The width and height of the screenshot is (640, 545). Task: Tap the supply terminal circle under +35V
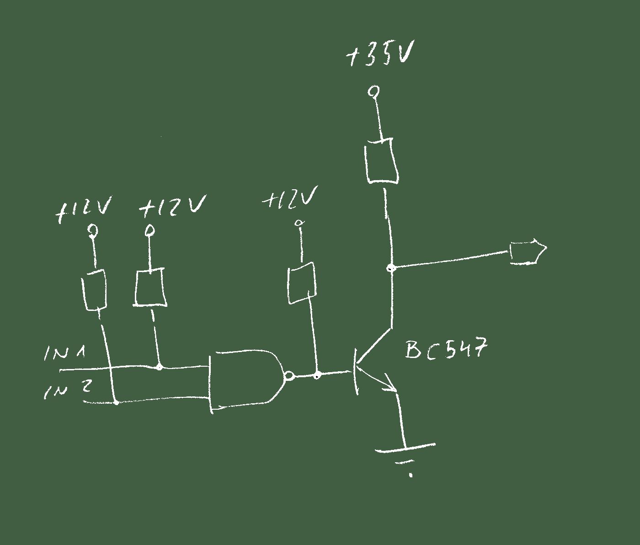click(x=373, y=91)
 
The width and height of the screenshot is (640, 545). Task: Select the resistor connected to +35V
click(x=381, y=161)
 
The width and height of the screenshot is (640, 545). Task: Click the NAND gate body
click(x=246, y=381)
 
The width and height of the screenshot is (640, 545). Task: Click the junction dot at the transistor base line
click(x=317, y=376)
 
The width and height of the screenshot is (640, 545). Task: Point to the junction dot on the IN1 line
click(x=159, y=367)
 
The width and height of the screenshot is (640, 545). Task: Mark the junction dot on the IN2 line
click(x=117, y=402)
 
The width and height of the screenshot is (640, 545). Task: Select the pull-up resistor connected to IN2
click(x=94, y=290)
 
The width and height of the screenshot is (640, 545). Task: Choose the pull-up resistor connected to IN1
click(x=150, y=288)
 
